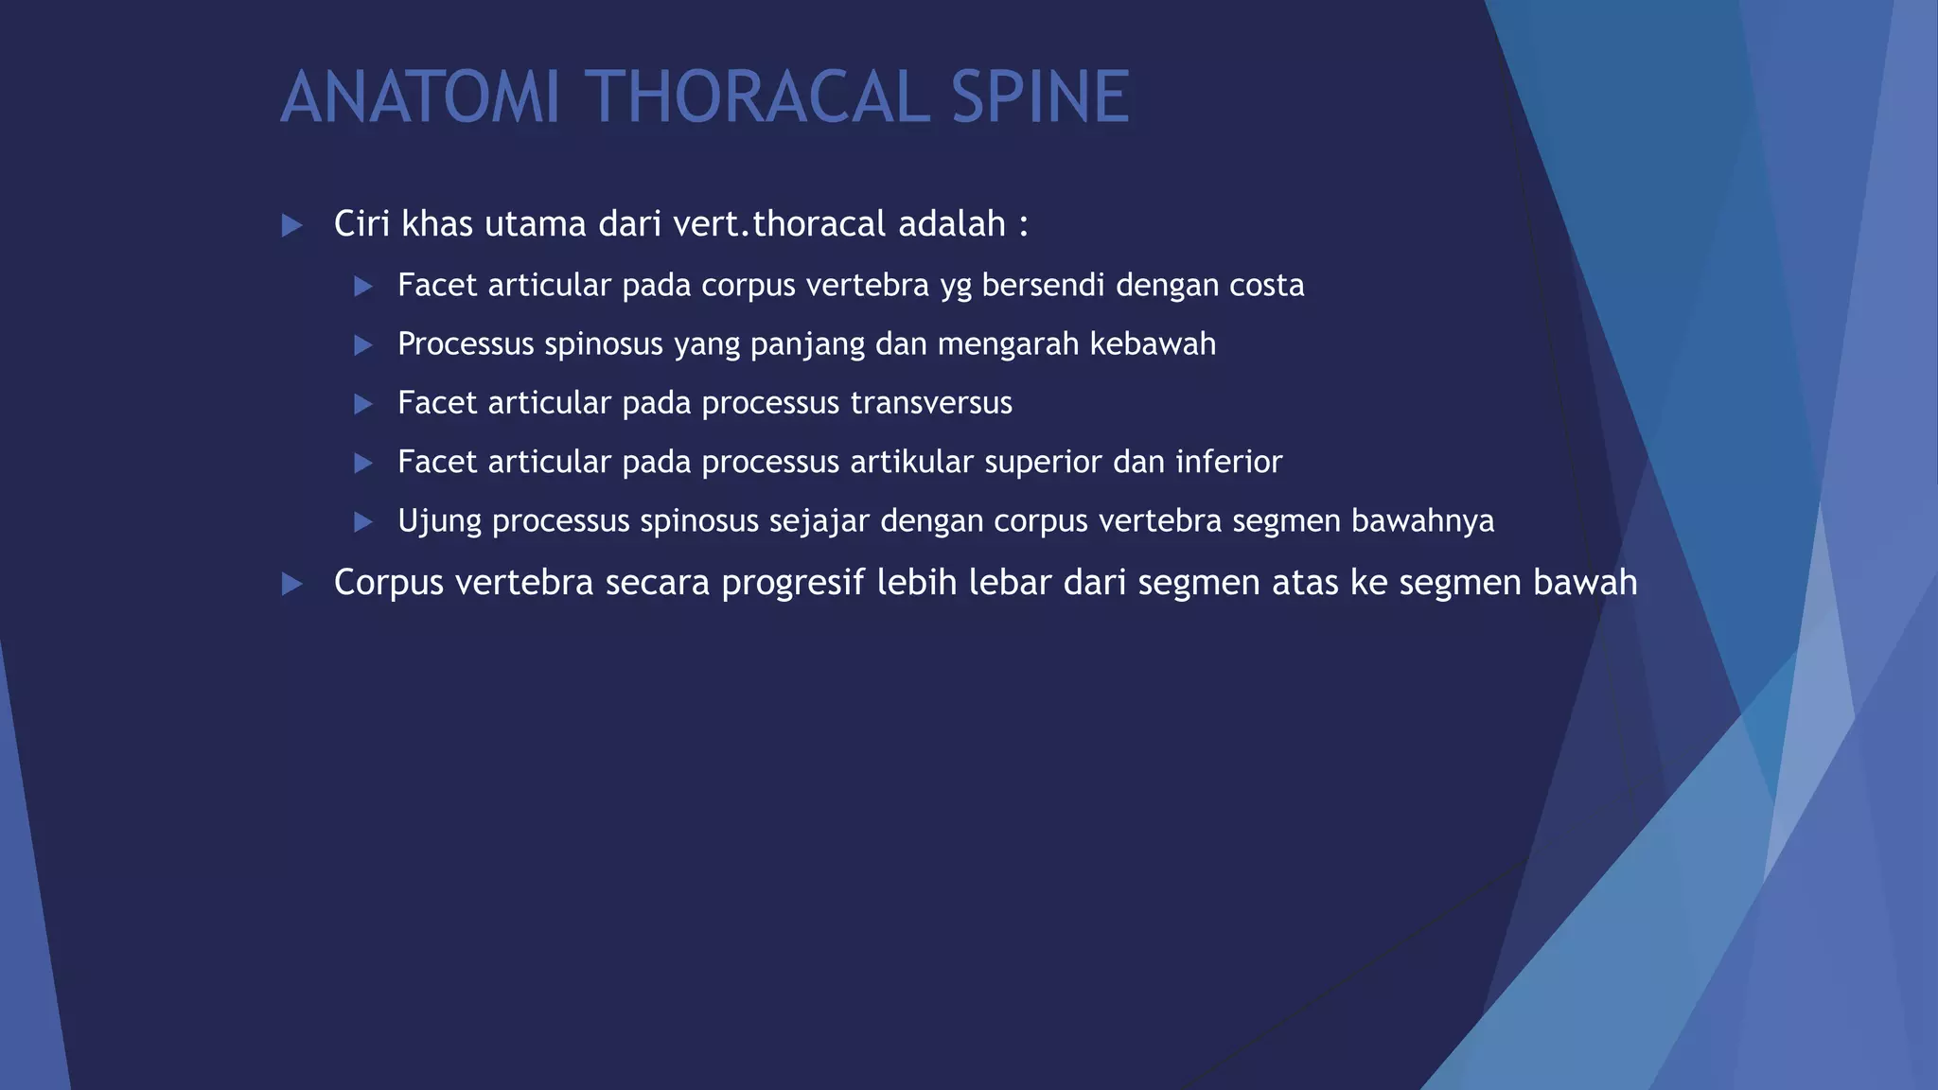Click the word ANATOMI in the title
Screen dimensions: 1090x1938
point(421,97)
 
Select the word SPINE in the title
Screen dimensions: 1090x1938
point(1040,97)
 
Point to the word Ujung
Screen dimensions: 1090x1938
point(439,521)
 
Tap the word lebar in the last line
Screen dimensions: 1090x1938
point(1010,582)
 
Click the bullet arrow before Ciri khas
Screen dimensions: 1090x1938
point(292,225)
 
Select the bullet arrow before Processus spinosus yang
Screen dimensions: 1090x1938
point(363,345)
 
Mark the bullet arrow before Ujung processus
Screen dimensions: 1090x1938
point(363,521)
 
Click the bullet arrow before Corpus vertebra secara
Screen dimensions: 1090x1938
point(292,584)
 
